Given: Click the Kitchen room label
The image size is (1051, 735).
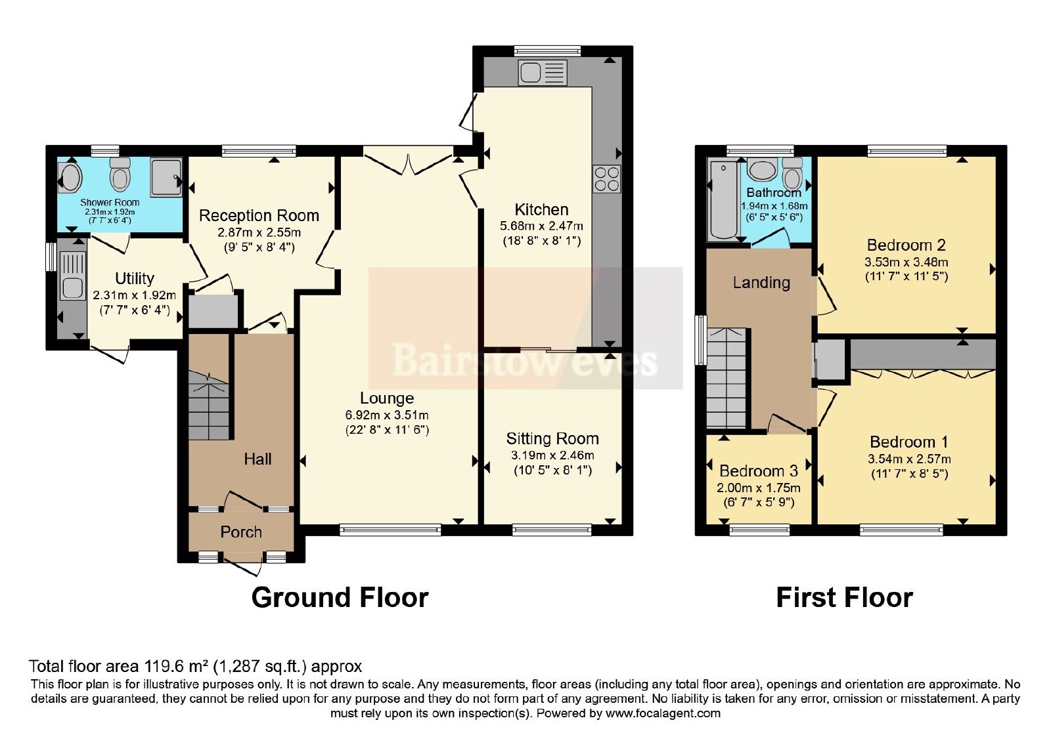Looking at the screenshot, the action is (541, 209).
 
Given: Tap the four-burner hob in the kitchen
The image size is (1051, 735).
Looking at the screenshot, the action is (607, 179).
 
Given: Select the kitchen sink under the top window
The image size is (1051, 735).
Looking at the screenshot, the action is (543, 73).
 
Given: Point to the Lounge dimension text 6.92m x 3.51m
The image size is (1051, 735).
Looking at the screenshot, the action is (387, 415).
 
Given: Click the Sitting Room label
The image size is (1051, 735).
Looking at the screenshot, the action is (552, 439).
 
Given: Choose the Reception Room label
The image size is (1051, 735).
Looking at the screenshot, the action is (259, 216).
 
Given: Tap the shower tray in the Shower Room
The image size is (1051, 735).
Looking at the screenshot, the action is (166, 177).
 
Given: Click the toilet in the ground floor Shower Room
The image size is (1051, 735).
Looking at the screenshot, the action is (120, 174).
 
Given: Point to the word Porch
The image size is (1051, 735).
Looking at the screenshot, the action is (241, 532).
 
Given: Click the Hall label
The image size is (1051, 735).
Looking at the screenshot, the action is (257, 459).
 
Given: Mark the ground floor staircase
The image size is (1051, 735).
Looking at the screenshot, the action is (209, 405).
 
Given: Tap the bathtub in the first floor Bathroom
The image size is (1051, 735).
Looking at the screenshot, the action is (724, 199).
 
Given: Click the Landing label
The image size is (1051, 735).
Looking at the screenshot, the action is (761, 282).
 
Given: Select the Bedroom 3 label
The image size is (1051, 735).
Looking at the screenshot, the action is (759, 471).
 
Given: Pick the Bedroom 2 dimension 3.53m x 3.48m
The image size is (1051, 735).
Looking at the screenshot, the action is (906, 262).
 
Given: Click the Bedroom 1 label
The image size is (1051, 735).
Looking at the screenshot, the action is (909, 442).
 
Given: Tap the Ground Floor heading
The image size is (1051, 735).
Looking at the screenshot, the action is (340, 598).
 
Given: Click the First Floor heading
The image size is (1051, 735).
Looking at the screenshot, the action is (845, 598).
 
